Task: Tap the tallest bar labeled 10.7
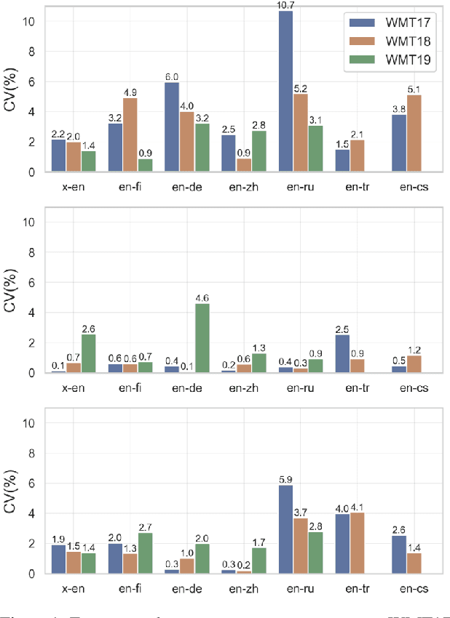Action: coord(286,92)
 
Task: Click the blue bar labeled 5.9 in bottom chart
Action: coord(286,529)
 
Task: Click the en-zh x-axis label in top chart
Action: coord(241,186)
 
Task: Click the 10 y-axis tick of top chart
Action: coord(29,21)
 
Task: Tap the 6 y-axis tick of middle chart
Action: coord(31,282)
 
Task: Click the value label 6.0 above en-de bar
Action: coord(172,76)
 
